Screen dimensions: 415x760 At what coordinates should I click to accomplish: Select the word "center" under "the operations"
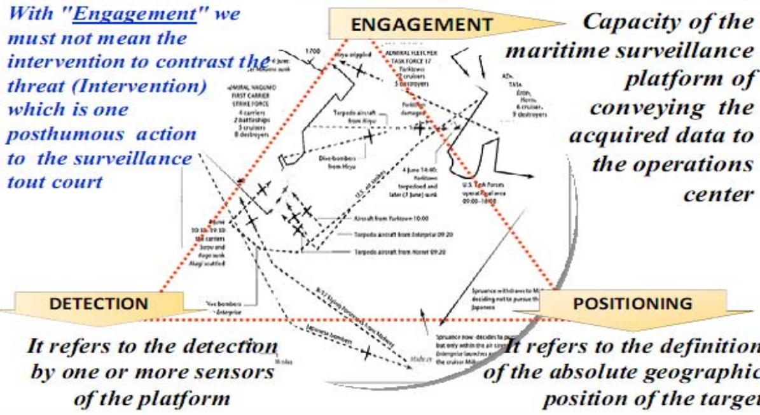coord(717,193)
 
